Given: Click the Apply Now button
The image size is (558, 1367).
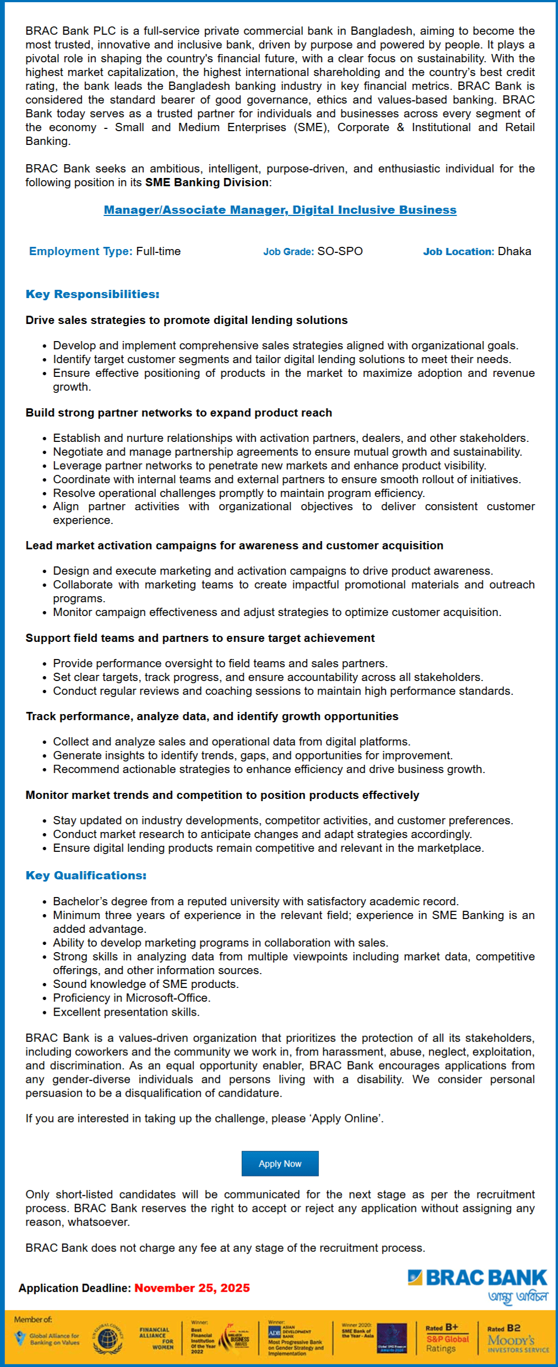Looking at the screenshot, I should [280, 1164].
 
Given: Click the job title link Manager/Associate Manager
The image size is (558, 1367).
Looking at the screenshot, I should [280, 210].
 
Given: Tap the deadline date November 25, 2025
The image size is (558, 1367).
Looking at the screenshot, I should [192, 1288].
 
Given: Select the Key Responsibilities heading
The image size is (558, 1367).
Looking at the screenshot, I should [93, 294].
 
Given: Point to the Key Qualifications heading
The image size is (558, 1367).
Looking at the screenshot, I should [86, 876].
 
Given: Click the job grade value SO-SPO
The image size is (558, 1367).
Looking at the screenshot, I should [340, 251].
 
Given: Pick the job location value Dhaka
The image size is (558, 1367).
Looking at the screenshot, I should [514, 251].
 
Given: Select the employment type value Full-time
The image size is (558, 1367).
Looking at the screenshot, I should [158, 251].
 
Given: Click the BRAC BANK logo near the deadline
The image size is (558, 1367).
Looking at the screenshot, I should [478, 1278].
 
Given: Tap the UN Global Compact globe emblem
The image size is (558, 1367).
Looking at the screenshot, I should [107, 1338].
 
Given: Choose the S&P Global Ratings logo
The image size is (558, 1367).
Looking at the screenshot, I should [447, 1338].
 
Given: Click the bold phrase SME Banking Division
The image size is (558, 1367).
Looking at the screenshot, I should [207, 182].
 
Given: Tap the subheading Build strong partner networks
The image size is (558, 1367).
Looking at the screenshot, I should [178, 413].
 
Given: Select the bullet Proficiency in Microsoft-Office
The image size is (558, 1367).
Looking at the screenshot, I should [132, 998].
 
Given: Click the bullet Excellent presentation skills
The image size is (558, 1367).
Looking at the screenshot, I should [126, 1012].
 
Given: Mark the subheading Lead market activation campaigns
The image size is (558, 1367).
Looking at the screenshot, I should [234, 545].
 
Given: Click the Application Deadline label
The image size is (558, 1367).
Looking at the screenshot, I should [75, 1288].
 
